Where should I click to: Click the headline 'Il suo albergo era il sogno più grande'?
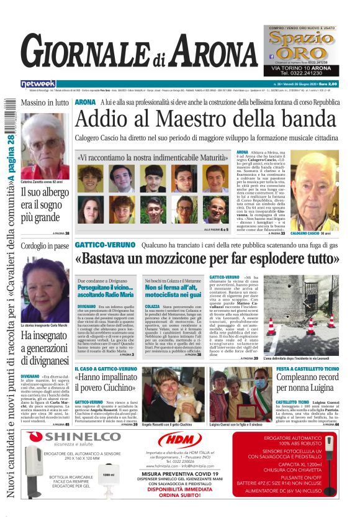[45, 204]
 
